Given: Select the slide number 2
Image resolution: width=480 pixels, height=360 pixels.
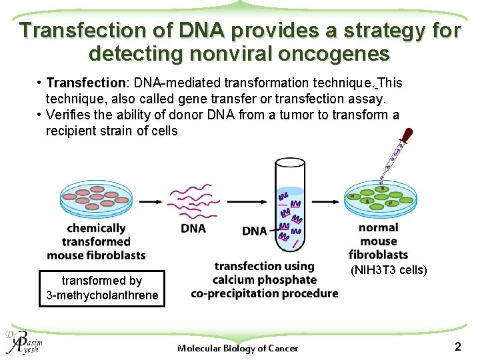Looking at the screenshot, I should pyautogui.click(x=457, y=346).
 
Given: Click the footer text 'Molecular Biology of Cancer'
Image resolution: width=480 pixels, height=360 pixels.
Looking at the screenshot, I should pyautogui.click(x=238, y=347).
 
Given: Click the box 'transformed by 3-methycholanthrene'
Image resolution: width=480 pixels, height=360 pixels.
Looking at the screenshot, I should pyautogui.click(x=102, y=288).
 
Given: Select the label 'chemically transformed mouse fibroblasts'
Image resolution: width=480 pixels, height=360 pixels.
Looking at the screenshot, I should pyautogui.click(x=97, y=242).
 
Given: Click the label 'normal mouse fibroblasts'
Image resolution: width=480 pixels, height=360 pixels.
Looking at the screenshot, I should pyautogui.click(x=378, y=241).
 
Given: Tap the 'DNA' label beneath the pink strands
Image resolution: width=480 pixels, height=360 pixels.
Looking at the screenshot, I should pyautogui.click(x=193, y=229).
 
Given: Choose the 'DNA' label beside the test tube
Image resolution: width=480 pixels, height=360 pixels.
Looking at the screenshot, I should pyautogui.click(x=255, y=231).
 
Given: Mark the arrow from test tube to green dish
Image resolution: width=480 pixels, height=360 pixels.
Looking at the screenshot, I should pyautogui.click(x=327, y=200).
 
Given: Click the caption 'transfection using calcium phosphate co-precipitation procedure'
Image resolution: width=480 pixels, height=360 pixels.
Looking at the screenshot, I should pyautogui.click(x=264, y=280).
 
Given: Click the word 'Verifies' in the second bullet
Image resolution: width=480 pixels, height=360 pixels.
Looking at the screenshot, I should pyautogui.click(x=67, y=115).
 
